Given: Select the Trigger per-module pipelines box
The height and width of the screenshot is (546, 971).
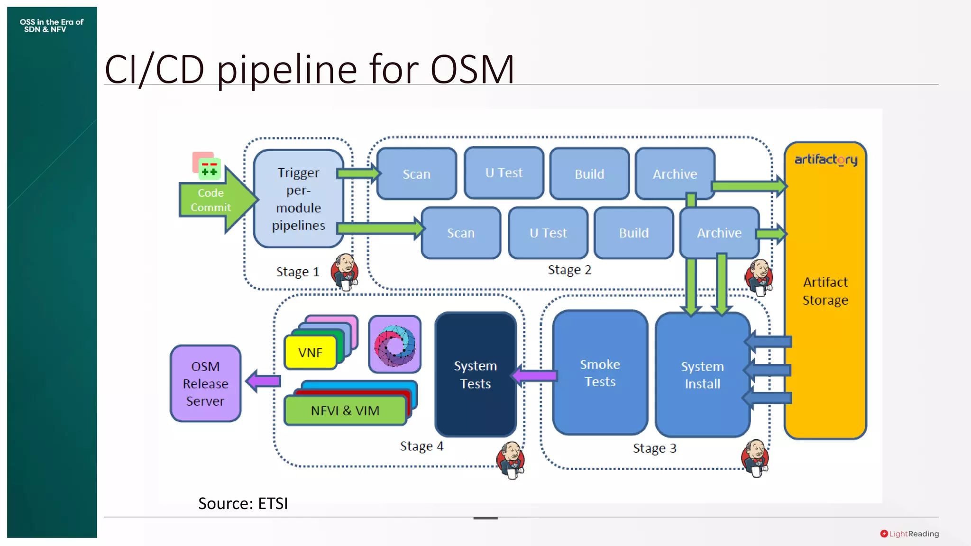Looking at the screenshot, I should [x=298, y=199].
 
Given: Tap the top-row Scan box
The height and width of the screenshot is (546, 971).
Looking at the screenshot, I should [x=416, y=174].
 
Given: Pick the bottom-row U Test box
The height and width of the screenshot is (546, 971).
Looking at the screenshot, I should [x=548, y=233].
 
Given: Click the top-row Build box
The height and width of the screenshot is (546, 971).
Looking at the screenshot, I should [x=589, y=174].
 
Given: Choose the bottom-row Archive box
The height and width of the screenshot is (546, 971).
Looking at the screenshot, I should [x=719, y=233].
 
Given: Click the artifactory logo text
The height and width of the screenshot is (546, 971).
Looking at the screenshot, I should [x=825, y=160].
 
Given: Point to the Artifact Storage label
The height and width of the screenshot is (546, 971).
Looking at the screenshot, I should [x=825, y=291].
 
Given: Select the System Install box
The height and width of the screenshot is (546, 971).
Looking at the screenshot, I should [x=702, y=375].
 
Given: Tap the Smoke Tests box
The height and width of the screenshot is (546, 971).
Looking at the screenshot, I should [x=600, y=373].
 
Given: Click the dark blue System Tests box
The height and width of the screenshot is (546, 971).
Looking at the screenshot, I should [x=475, y=374].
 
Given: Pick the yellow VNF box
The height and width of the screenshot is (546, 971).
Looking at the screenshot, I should [x=310, y=353].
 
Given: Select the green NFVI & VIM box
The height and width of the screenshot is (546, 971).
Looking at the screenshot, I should [x=345, y=410].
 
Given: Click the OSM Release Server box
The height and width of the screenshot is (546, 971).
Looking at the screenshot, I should [x=205, y=383].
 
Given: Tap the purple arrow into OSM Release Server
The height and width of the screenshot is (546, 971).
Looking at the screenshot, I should [x=264, y=381].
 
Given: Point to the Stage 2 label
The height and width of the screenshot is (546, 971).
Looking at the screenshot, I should [x=569, y=270].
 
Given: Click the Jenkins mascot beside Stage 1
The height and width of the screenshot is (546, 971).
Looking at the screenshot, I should [x=345, y=272].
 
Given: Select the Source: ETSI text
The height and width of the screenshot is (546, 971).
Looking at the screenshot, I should [x=243, y=503].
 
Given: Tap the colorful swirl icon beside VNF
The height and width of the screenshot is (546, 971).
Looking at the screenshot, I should [x=394, y=345].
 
